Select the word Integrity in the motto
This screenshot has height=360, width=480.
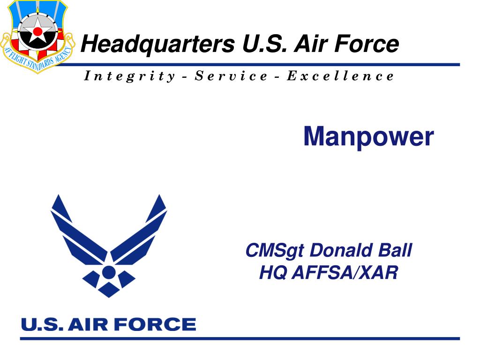click(129, 76)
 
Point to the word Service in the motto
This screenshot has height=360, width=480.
click(231, 76)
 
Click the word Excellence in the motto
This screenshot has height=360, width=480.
click(340, 76)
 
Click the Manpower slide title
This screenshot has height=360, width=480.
click(368, 137)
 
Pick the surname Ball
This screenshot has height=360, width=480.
click(395, 250)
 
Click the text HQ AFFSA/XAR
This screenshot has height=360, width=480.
click(329, 272)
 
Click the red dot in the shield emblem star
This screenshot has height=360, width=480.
click(37, 31)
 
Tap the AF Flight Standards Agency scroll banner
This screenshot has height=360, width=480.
click(37, 58)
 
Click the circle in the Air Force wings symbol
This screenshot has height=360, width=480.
click(108, 272)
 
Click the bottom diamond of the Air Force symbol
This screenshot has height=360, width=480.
click(109, 290)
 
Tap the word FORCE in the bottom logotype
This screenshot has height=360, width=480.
click(155, 324)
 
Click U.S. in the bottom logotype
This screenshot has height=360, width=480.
click(42, 324)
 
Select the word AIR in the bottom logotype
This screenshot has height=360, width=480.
click(88, 324)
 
